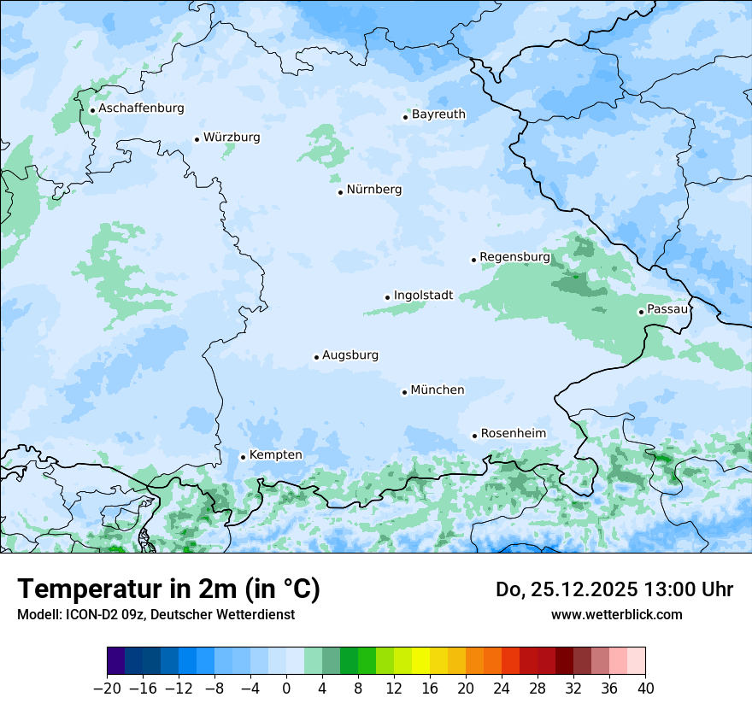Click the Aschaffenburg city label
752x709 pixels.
[x=141, y=108]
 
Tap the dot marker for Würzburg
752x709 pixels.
[x=197, y=139]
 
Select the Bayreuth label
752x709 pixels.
[x=438, y=114]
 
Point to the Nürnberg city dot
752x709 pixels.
[x=340, y=192]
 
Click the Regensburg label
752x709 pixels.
[x=514, y=256]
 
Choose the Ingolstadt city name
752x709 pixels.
[x=423, y=296]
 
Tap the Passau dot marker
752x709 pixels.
[x=641, y=312]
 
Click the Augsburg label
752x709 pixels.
[x=350, y=354]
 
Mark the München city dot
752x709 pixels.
[x=404, y=392]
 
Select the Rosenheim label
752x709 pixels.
[x=513, y=433]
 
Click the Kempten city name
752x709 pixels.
[x=275, y=454]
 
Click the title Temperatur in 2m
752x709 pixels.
[x=168, y=589]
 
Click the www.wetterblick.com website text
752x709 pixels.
[x=616, y=614]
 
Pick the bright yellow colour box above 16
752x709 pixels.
[x=420, y=661]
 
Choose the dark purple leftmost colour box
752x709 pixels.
[x=116, y=661]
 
